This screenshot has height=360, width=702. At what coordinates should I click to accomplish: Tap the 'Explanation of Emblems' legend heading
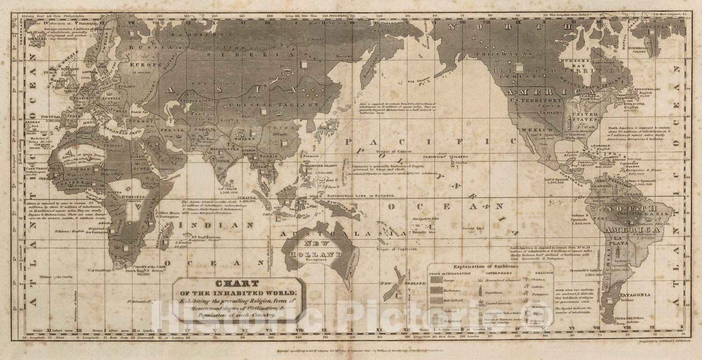click(487, 267)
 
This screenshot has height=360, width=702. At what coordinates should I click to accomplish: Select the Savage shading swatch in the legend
click(441, 279)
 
